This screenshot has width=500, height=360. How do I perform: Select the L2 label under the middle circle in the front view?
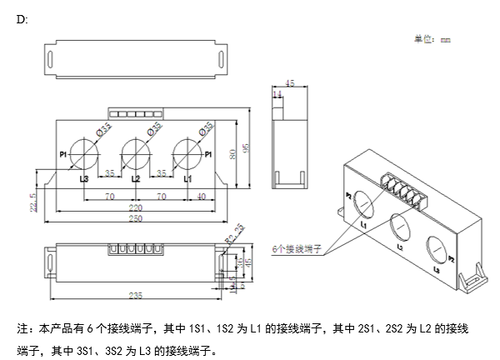[x=136, y=178]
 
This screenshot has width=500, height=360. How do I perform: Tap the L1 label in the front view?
[x=187, y=178]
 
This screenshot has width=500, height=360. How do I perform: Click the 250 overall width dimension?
[x=135, y=219]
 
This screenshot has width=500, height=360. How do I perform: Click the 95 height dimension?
[x=245, y=148]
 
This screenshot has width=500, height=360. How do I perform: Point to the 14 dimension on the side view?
[x=277, y=96]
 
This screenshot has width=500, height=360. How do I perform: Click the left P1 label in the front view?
[x=64, y=154]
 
